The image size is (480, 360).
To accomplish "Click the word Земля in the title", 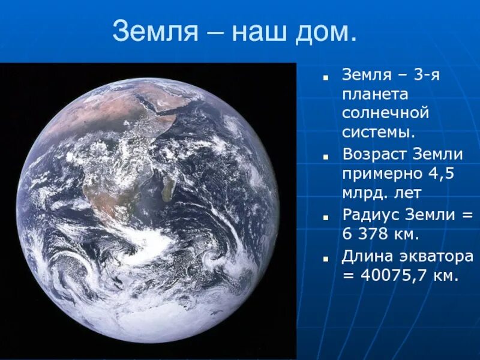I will (154, 31).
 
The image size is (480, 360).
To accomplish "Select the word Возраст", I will (374, 154).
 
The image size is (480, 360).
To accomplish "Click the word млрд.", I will (361, 193).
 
